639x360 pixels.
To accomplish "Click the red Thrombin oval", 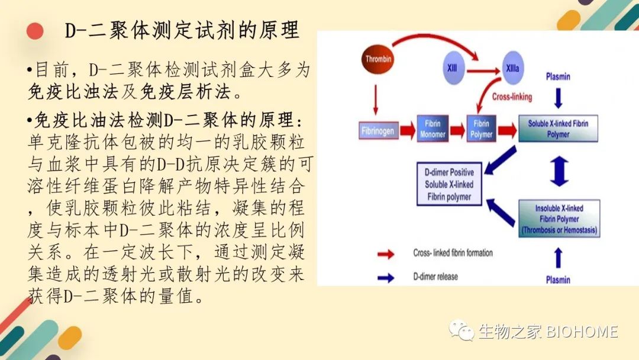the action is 377,60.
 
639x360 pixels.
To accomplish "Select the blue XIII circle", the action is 453,68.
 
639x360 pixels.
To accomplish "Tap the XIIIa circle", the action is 512,68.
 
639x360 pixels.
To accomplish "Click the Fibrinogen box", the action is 378,130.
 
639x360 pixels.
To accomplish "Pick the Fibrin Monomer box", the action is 433,128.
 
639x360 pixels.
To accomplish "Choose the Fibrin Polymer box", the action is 481,128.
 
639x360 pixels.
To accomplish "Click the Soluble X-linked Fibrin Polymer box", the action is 558,128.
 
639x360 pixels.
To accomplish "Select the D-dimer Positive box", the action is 449,184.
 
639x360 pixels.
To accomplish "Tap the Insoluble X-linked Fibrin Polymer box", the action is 559,218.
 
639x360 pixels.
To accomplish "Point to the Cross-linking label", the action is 512,97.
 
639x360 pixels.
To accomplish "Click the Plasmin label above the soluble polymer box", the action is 558,76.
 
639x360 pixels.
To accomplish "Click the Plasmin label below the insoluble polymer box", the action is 558,279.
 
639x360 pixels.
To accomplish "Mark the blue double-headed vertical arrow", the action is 559,171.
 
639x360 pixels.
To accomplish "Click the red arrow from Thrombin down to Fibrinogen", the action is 375,100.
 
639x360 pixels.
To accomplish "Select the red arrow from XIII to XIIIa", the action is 483,71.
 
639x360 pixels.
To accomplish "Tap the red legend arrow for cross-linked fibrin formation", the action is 386,255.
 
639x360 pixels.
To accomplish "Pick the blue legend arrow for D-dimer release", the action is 386,278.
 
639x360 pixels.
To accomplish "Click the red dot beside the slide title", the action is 35,31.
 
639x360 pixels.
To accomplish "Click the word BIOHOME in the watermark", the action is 582,332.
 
